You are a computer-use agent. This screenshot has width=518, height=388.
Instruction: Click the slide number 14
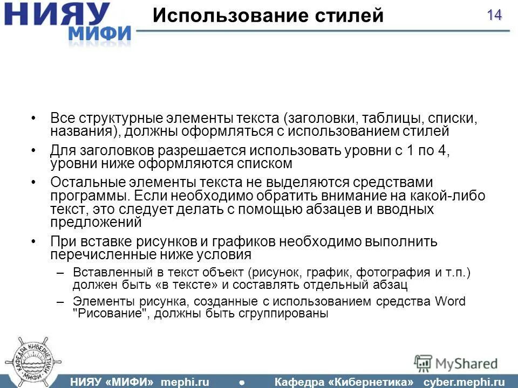tap(494, 15)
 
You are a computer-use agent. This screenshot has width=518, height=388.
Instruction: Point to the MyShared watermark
tap(457, 363)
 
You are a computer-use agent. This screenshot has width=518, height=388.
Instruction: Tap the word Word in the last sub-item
tap(450, 301)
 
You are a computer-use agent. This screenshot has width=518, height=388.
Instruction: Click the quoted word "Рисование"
tap(111, 314)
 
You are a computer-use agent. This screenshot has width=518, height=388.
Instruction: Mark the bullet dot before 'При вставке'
tap(34, 241)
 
